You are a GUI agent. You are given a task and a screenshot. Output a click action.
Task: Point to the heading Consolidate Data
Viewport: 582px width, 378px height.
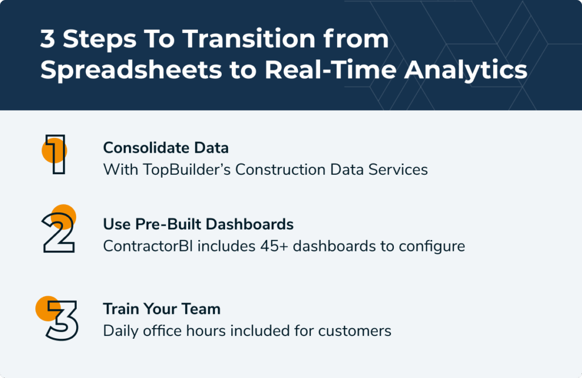click(165, 148)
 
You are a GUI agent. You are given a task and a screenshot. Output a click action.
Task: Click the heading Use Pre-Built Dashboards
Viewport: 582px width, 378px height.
click(198, 224)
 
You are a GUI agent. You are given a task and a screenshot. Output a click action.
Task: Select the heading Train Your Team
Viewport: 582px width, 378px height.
click(161, 309)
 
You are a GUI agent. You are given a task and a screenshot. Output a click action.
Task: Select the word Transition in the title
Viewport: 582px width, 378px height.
click(226, 40)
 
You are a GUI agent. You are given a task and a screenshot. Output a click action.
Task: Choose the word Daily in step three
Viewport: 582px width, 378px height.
click(120, 331)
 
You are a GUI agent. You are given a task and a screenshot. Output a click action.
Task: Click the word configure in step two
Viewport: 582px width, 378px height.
click(434, 246)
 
